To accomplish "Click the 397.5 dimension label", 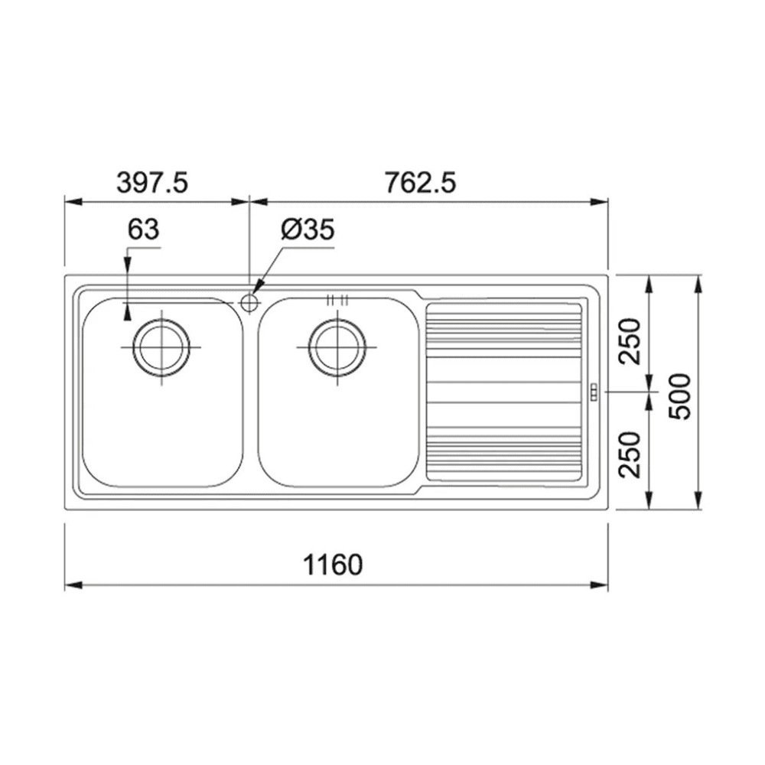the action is tap(152, 183).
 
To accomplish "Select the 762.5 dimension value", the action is tap(420, 183).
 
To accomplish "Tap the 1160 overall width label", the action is tap(334, 565).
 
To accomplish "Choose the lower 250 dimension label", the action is tap(630, 454).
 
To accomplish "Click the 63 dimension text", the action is tap(144, 229).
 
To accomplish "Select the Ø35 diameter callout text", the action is tap(308, 229).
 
